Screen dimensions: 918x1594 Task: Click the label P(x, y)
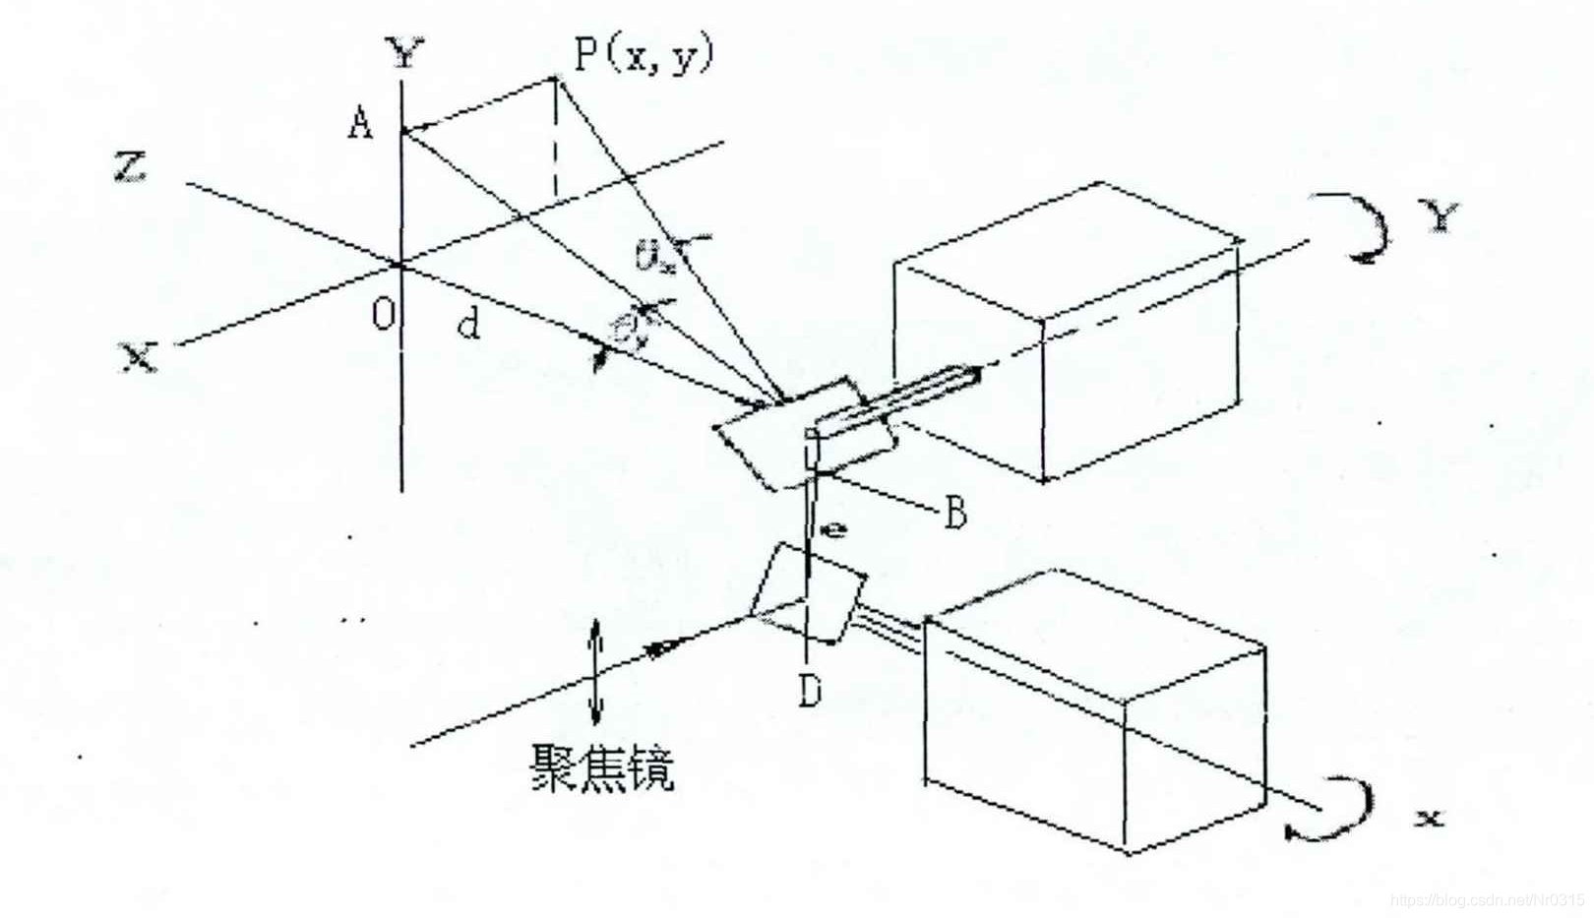click(644, 54)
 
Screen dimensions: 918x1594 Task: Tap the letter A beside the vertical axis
click(361, 124)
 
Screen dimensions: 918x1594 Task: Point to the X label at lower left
click(139, 355)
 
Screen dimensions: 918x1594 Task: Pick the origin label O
click(383, 314)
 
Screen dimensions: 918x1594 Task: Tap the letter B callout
click(954, 513)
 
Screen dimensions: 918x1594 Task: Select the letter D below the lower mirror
click(809, 692)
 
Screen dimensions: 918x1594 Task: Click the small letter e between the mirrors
click(834, 530)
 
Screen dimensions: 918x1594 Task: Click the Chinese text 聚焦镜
click(603, 767)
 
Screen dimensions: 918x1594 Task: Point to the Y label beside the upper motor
click(1441, 215)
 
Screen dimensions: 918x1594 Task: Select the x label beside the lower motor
click(1430, 816)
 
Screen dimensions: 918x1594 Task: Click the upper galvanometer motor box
click(1068, 335)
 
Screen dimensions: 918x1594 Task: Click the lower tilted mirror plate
click(807, 595)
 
